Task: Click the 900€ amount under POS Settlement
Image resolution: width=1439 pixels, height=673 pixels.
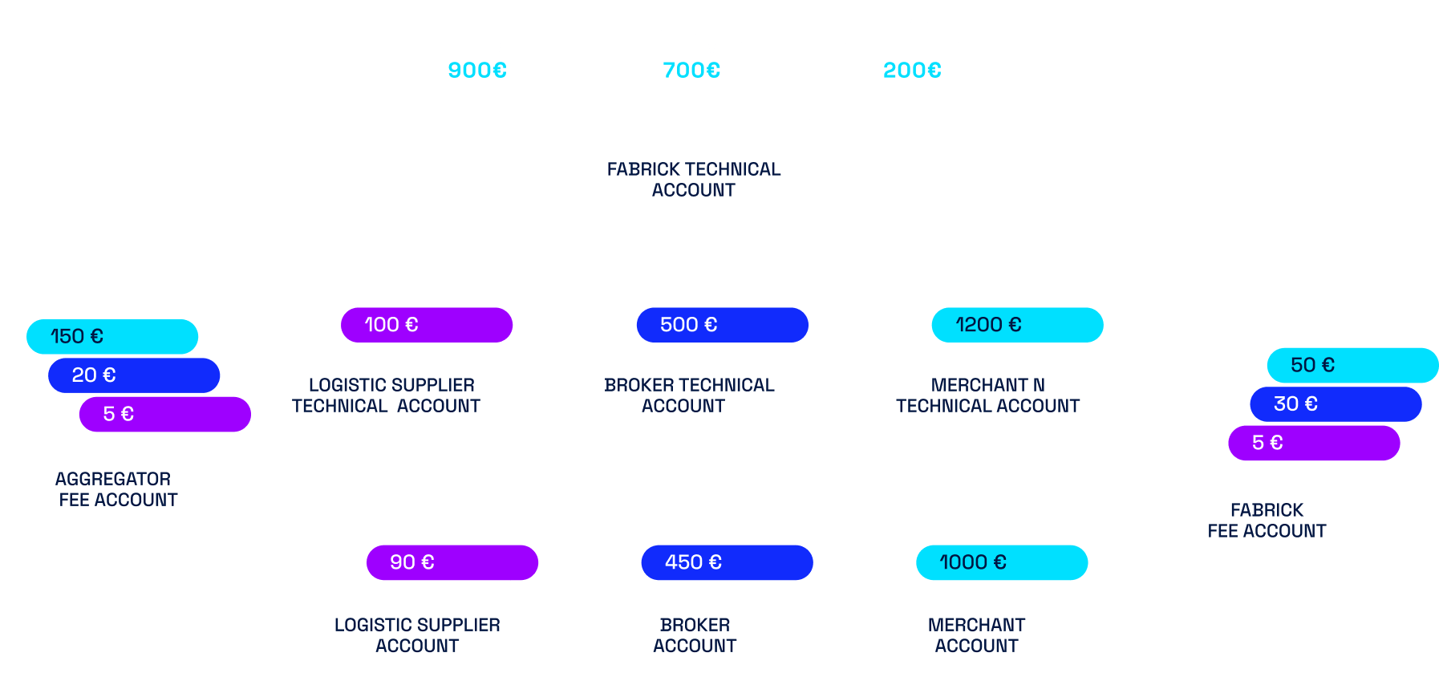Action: [477, 71]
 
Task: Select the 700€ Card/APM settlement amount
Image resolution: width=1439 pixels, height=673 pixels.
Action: [691, 71]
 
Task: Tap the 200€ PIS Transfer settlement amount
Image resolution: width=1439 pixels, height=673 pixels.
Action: [912, 71]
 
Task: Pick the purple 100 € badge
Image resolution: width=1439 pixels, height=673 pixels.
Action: [426, 325]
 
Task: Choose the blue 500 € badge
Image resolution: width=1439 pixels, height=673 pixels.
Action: [722, 325]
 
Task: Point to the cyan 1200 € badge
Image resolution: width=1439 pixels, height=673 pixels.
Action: [1017, 325]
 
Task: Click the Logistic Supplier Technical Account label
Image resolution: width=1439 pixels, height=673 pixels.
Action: [391, 395]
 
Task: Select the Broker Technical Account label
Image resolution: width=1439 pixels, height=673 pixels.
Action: [688, 395]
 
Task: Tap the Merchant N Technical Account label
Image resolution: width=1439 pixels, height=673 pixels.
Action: [987, 395]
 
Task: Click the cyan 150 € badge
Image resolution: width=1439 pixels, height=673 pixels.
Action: [112, 337]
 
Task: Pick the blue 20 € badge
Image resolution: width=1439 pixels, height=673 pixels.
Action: [134, 375]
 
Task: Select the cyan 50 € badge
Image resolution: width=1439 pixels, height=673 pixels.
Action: [1352, 365]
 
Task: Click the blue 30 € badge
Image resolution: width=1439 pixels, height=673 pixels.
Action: [1336, 404]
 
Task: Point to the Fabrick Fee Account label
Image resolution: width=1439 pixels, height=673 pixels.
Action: [1267, 521]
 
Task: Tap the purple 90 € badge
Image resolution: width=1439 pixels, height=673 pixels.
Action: [452, 562]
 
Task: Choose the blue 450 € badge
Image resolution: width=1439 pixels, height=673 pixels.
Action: [727, 562]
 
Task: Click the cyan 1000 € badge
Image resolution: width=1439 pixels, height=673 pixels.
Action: [1002, 562]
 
